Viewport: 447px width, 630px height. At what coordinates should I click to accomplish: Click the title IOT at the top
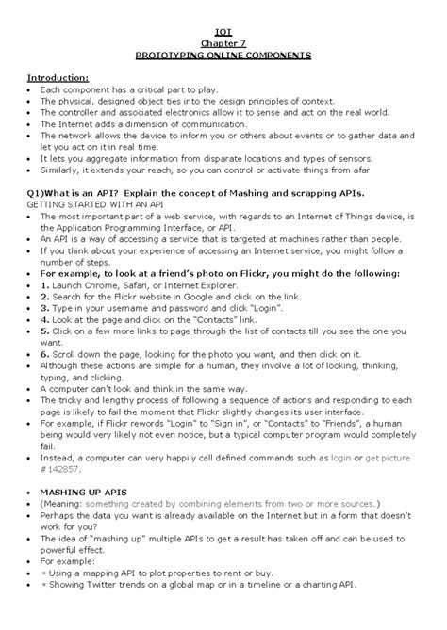[223, 31]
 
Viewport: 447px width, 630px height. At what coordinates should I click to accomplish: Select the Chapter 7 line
[223, 43]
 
